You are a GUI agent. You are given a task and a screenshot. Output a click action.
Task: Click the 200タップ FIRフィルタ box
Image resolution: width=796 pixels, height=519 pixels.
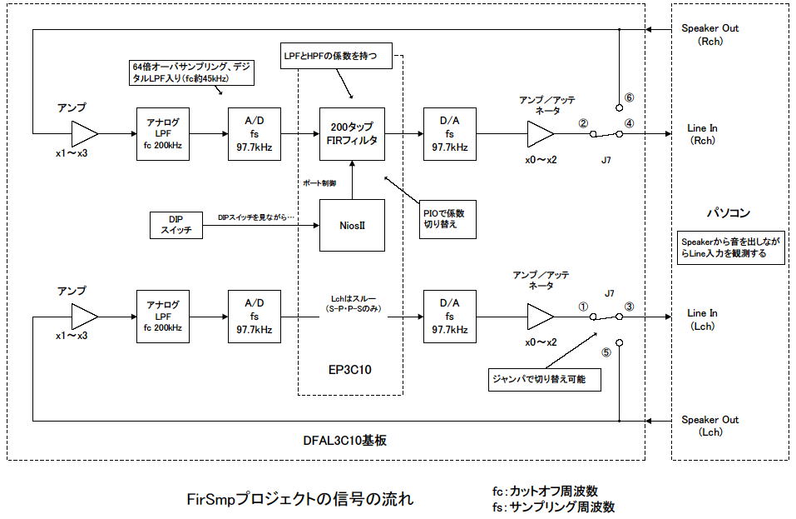click(352, 133)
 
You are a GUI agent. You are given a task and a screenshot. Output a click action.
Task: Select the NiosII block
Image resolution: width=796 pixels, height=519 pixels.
click(352, 225)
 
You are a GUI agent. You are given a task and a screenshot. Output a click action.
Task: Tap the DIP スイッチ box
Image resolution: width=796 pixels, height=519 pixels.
click(176, 225)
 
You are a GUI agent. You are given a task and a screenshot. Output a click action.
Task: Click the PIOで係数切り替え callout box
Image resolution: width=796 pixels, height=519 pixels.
click(447, 219)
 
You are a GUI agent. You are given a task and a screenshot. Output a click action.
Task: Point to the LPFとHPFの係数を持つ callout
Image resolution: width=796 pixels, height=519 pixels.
click(336, 56)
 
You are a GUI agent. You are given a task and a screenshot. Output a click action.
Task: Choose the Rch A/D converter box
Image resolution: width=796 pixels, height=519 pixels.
click(255, 133)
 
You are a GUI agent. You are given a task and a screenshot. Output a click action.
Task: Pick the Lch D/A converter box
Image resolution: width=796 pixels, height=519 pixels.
click(450, 317)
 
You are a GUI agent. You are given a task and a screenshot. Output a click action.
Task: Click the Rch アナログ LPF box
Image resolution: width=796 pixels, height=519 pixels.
click(163, 133)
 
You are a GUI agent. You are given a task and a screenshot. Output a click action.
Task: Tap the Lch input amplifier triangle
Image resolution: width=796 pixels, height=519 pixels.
click(84, 317)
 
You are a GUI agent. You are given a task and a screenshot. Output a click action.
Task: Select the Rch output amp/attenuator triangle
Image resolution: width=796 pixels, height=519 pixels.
click(540, 133)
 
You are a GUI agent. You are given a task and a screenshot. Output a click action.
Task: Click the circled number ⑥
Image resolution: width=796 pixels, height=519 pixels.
click(629, 97)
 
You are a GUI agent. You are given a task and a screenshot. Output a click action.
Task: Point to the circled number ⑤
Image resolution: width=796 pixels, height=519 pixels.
click(606, 352)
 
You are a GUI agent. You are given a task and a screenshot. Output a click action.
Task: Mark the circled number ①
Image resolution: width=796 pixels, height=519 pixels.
click(583, 307)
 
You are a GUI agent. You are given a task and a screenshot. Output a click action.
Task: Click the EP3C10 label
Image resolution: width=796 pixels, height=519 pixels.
click(350, 370)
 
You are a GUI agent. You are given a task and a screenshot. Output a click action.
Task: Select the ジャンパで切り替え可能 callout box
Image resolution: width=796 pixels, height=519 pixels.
click(545, 379)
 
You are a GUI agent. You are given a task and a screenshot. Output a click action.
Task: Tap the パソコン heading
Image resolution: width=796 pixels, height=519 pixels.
click(729, 212)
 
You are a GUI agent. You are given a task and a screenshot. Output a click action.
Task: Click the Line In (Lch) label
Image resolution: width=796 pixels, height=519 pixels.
click(703, 319)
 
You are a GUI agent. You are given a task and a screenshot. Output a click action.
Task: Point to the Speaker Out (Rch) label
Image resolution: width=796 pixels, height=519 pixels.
click(709, 34)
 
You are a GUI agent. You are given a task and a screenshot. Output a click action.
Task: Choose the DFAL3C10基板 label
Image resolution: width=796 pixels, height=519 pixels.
click(344, 440)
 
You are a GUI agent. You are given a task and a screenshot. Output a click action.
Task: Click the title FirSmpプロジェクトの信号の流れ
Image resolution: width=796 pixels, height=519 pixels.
click(300, 499)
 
